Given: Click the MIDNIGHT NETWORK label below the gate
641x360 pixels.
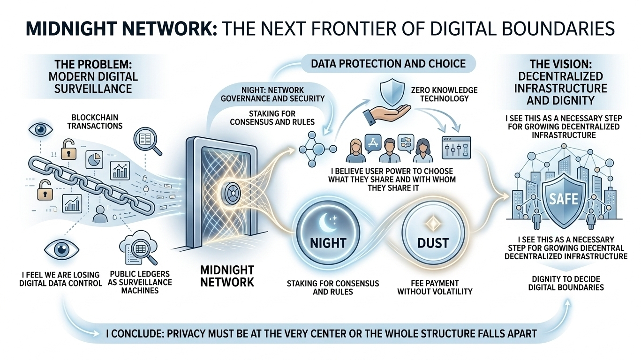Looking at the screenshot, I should [227, 276].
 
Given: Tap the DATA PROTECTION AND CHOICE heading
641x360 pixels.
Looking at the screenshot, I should [389, 64].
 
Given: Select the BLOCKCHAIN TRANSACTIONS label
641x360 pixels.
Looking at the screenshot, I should [95, 121].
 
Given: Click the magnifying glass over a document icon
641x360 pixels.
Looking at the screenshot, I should [147, 141].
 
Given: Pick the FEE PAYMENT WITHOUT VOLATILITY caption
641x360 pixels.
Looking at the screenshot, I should [435, 287].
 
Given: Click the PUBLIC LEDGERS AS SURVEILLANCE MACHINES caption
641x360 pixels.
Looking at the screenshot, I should [141, 282].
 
